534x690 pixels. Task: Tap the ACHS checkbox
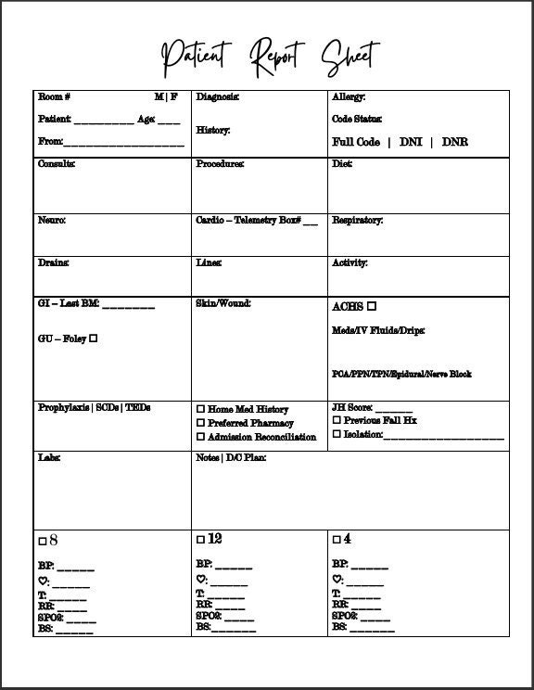tap(372, 306)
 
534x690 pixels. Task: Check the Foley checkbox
tap(93, 339)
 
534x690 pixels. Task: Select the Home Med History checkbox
tap(200, 409)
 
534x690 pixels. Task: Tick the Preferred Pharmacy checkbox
tap(200, 423)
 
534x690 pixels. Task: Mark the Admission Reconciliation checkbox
tap(200, 437)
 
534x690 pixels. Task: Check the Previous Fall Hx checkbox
tap(337, 420)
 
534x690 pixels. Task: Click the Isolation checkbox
tap(337, 434)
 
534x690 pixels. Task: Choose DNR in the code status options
tap(454, 142)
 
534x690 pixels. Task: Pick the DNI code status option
tap(411, 142)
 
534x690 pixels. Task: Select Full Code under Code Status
tap(356, 142)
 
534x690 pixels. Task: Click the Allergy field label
tap(349, 96)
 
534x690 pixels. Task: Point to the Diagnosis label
tap(217, 96)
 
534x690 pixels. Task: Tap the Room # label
tap(54, 96)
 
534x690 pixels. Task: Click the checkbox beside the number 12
tap(200, 540)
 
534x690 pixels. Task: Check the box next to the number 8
tap(43, 541)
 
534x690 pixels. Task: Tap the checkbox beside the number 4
tap(337, 539)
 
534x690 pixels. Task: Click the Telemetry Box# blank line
tap(310, 223)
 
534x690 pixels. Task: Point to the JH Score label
tap(352, 407)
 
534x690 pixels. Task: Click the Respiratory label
tap(357, 221)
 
